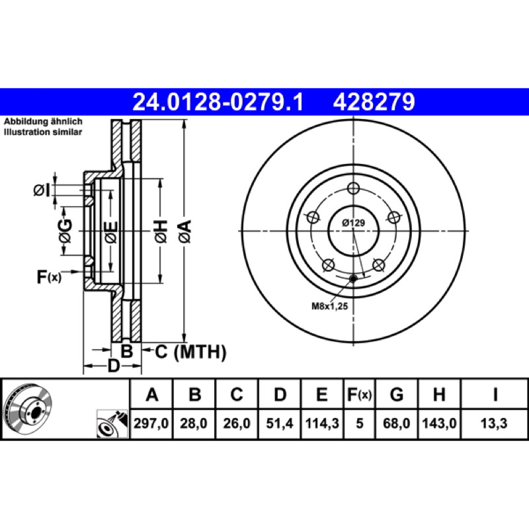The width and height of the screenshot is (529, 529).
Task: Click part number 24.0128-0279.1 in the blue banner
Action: pyautogui.click(x=218, y=102)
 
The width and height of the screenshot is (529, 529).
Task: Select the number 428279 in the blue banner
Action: pyautogui.click(x=374, y=102)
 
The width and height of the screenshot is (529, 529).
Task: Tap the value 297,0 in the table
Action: pyautogui.click(x=151, y=423)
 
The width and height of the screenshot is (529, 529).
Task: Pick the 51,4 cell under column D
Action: pyautogui.click(x=280, y=423)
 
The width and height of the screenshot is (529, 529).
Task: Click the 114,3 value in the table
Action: pyautogui.click(x=322, y=423)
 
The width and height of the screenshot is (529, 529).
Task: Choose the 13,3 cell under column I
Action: pyautogui.click(x=494, y=423)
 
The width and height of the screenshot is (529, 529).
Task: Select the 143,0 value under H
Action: pyautogui.click(x=439, y=423)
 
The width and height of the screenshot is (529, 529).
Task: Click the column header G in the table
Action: pyautogui.click(x=396, y=394)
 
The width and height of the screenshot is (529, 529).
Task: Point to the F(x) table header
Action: pyautogui.click(x=359, y=394)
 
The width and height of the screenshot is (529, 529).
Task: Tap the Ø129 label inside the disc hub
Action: pyautogui.click(x=353, y=223)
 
